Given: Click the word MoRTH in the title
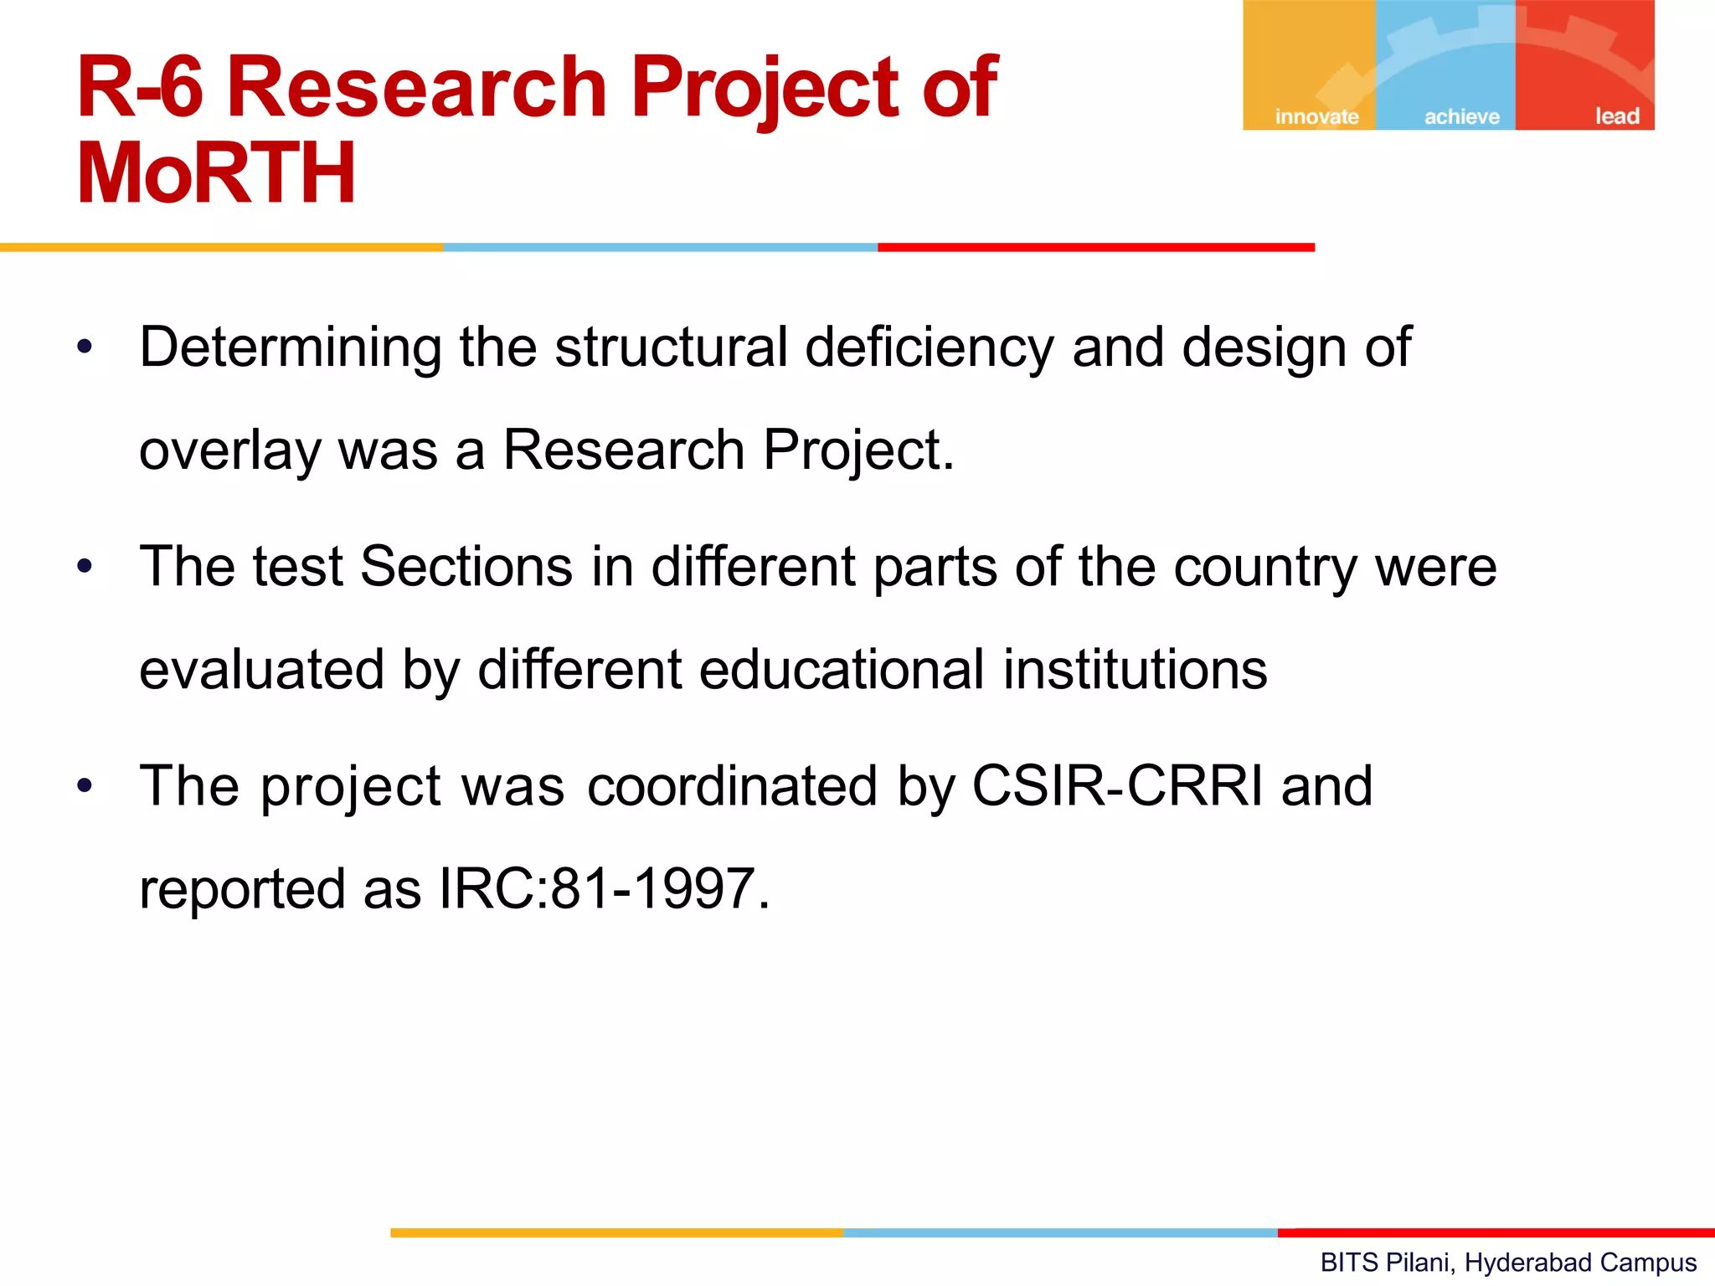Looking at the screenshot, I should pyautogui.click(x=216, y=174).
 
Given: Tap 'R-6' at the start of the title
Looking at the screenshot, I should pyautogui.click(x=139, y=87).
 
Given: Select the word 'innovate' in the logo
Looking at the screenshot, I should pyautogui.click(x=1316, y=116).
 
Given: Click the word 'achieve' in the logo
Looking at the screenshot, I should pyautogui.click(x=1462, y=116).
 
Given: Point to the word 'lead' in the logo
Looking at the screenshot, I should pyautogui.click(x=1616, y=116).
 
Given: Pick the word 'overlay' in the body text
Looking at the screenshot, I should pyautogui.click(x=229, y=451).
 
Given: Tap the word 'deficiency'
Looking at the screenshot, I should pyautogui.click(x=929, y=347).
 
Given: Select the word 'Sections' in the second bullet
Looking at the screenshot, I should pyautogui.click(x=466, y=567).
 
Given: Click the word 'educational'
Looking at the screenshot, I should pyautogui.click(x=842, y=670).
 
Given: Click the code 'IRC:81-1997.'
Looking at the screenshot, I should pyautogui.click(x=604, y=889).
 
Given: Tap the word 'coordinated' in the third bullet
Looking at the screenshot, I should pyautogui.click(x=732, y=786).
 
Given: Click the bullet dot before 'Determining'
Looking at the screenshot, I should pyautogui.click(x=85, y=347).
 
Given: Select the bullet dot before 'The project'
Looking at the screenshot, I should pyautogui.click(x=85, y=786).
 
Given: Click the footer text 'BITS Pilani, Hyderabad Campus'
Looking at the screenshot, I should pyautogui.click(x=1508, y=1263).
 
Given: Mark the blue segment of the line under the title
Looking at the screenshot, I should pyautogui.click(x=660, y=247).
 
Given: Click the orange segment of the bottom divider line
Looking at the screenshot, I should pyautogui.click(x=615, y=1232).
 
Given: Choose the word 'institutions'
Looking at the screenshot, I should pyautogui.click(x=1136, y=670).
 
